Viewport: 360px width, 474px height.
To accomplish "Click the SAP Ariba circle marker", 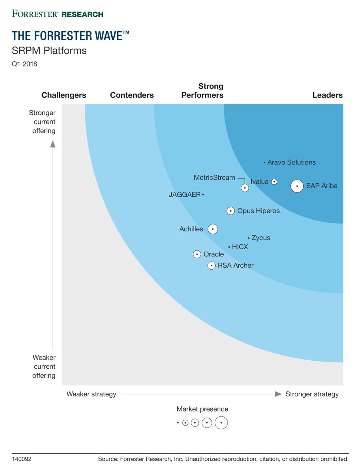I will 297,186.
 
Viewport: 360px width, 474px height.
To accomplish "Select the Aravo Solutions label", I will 291,162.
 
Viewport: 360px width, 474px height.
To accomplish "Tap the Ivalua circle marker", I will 274,182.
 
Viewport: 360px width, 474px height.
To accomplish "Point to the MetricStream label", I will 214,178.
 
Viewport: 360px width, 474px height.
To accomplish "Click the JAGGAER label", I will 184,195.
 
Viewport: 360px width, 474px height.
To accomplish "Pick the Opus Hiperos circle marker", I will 231,211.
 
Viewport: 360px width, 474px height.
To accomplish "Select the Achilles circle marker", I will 213,229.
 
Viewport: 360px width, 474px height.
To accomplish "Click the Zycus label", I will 261,238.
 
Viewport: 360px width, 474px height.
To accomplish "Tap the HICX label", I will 240,247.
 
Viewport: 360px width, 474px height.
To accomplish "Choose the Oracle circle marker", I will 197,254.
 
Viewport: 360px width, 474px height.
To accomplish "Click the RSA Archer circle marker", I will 211,266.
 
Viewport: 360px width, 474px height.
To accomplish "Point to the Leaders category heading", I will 327,95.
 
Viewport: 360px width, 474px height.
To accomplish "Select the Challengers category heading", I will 64,95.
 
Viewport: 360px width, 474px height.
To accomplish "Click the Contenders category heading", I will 132,95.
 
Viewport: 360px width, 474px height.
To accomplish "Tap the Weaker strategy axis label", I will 91,394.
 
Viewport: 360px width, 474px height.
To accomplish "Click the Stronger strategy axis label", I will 312,394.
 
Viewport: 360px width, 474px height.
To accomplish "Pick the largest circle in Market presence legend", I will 221,423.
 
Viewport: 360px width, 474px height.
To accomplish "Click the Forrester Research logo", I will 58,14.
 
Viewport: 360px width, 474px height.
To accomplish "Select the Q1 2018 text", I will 24,64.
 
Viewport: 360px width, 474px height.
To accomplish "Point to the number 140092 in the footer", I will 22,459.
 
